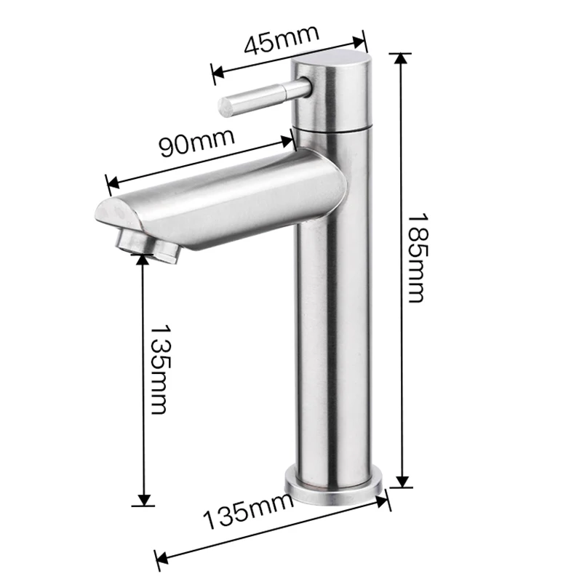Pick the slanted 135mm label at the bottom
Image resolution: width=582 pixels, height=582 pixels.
[x=247, y=514]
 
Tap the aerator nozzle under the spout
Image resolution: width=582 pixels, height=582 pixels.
[x=148, y=244]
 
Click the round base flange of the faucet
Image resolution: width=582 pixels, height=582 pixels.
[x=337, y=483]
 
